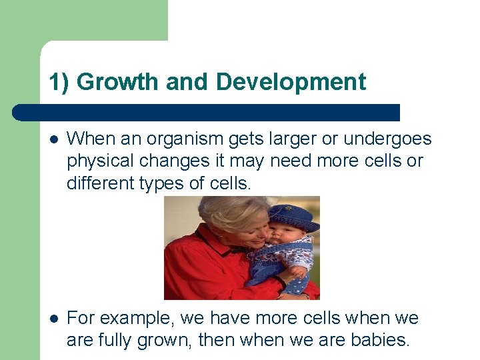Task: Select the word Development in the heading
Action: tap(291, 82)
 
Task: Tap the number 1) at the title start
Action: tap(59, 82)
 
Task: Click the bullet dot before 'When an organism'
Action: tap(53, 140)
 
